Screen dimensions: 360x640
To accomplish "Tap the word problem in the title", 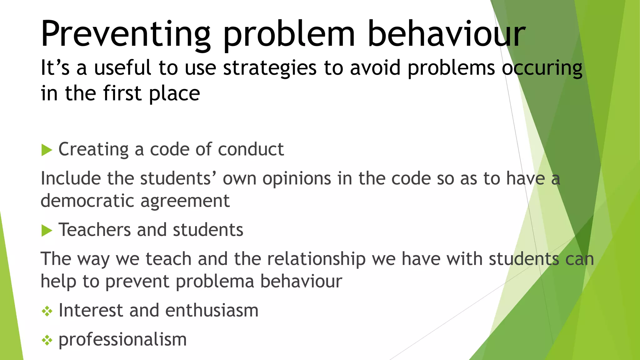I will tap(289, 34).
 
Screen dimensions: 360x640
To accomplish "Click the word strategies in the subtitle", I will tap(269, 68).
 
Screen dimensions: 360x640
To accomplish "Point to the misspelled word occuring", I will tap(542, 68).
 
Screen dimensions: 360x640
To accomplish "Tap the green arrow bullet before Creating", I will tap(47, 150).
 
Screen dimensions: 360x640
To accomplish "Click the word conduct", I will tap(251, 149).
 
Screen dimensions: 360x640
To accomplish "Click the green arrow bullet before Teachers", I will tap(47, 231).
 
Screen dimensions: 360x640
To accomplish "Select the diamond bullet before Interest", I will tap(47, 311).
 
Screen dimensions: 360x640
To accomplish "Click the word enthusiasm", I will tap(212, 310).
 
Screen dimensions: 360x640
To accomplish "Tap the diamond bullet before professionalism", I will tap(47, 340).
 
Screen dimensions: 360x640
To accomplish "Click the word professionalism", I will tap(122, 340).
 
